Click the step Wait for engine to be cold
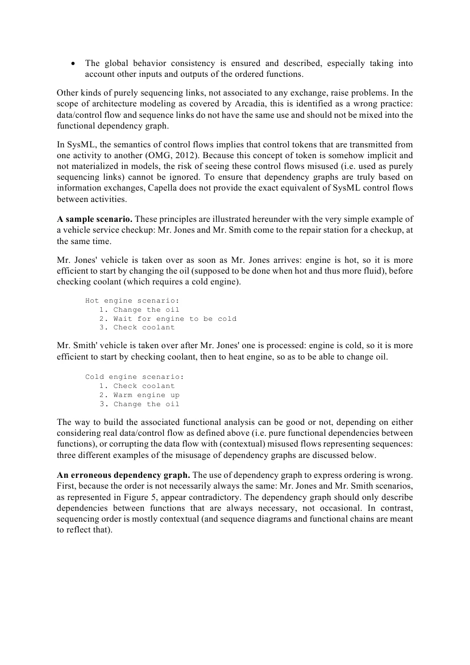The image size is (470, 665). (174, 319)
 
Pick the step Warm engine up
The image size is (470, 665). (146, 395)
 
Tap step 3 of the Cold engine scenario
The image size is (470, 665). (146, 404)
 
